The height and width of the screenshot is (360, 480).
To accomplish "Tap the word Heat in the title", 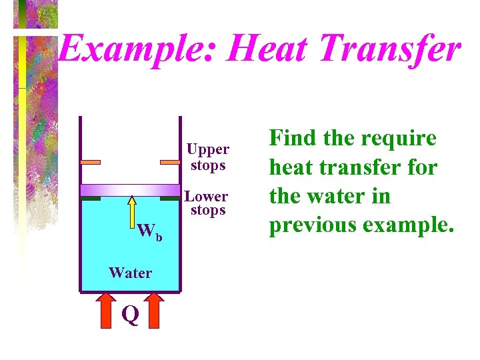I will pyautogui.click(x=253, y=49).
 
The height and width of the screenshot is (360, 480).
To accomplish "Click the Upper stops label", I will pyautogui.click(x=208, y=157).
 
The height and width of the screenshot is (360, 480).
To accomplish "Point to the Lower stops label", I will pyautogui.click(x=207, y=203).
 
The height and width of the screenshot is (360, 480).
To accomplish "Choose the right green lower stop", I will pyautogui.click(x=171, y=198).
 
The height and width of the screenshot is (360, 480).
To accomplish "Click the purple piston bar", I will pyautogui.click(x=130, y=190).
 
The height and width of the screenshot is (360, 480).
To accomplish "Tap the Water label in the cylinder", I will pyautogui.click(x=130, y=272).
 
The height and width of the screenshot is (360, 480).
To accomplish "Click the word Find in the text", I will pyautogui.click(x=291, y=138).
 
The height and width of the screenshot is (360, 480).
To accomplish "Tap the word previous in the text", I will pyautogui.click(x=312, y=225).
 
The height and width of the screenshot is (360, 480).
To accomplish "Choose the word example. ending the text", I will pyautogui.click(x=408, y=225).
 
